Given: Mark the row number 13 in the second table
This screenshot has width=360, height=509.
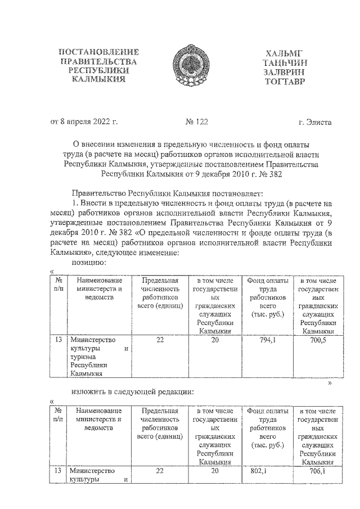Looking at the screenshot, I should click(x=58, y=471).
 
